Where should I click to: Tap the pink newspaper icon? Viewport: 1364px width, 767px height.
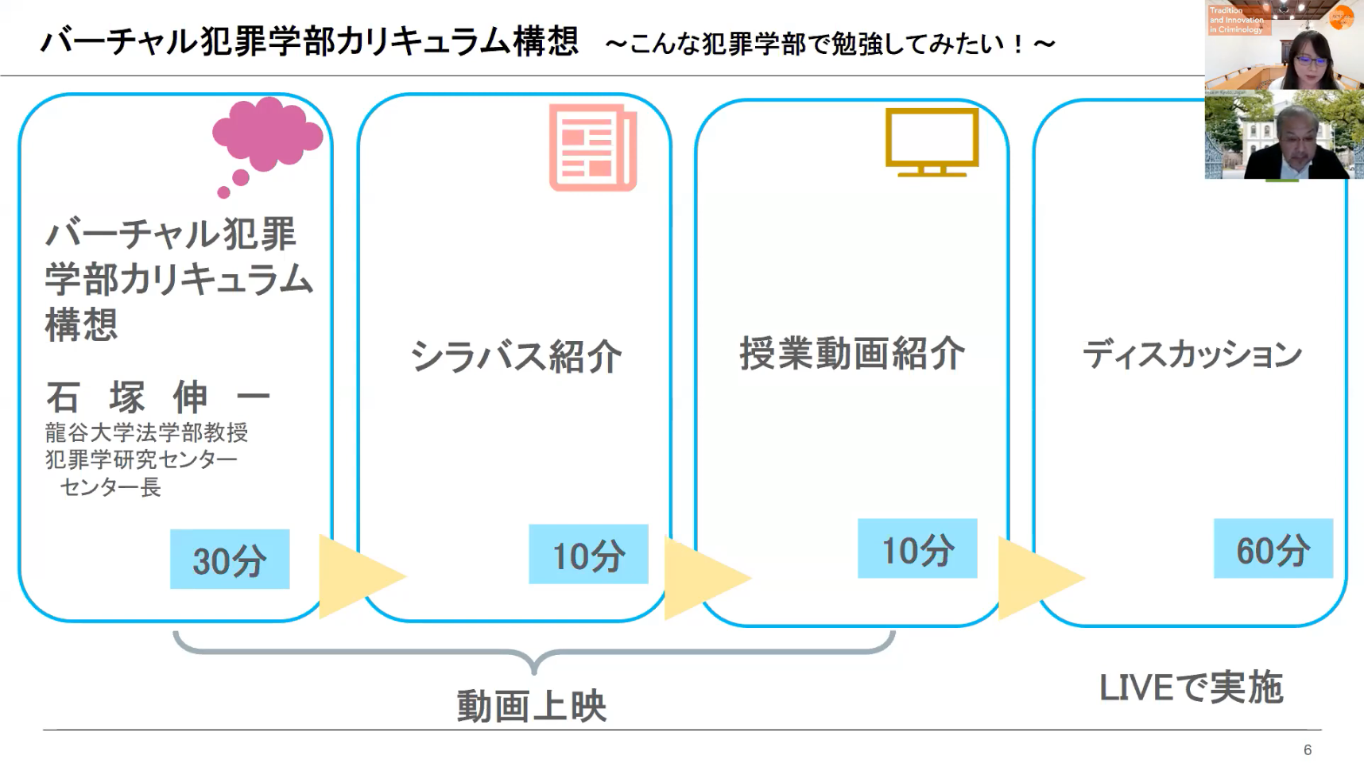pyautogui.click(x=593, y=148)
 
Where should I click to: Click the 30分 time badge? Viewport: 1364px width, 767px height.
pyautogui.click(x=230, y=560)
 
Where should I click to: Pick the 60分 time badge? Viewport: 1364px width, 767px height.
pyautogui.click(x=1273, y=548)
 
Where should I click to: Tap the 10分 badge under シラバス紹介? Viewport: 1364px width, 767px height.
pyautogui.click(x=588, y=554)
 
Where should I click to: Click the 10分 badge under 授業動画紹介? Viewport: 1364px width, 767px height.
pyautogui.click(x=917, y=548)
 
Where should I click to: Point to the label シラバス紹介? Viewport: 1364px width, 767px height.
pyautogui.click(x=516, y=356)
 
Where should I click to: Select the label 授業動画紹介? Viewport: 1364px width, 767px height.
pyautogui.click(x=852, y=353)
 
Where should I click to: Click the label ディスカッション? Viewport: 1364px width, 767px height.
pyautogui.click(x=1192, y=354)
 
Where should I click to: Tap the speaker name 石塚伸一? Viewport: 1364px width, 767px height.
pyautogui.click(x=158, y=397)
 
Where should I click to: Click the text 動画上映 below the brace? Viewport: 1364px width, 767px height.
pyautogui.click(x=532, y=706)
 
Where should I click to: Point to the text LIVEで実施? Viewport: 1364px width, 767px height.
pyautogui.click(x=1191, y=688)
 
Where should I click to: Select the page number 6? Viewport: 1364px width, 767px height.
pyautogui.click(x=1308, y=750)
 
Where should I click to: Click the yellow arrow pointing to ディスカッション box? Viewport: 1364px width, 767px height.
pyautogui.click(x=1041, y=578)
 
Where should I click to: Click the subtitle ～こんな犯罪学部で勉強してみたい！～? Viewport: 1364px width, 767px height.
pyautogui.click(x=830, y=44)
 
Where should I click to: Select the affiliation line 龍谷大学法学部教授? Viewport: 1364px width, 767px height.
pyautogui.click(x=147, y=432)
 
